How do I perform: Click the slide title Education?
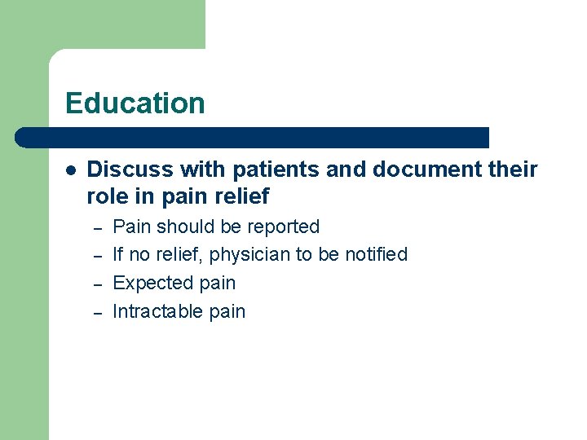[135, 103]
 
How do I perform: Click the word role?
[107, 196]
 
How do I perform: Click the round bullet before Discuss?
[72, 170]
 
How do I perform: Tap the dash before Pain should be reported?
[96, 227]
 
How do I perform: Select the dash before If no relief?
[96, 256]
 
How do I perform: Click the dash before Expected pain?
[96, 284]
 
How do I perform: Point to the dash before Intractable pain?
[96, 313]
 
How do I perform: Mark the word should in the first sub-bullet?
[183, 227]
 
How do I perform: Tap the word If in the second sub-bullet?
[118, 254]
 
